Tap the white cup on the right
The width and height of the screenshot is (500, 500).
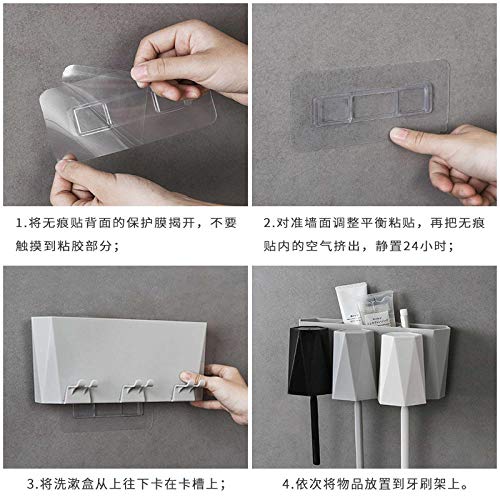402,368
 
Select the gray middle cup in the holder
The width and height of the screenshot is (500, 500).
354,364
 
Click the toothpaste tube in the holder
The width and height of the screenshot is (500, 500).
350,303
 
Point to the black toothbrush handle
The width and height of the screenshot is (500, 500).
314,430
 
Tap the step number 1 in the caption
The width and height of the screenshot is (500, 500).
19,223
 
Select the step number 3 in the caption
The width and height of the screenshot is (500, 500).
31,484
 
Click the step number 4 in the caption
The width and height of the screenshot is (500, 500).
286,484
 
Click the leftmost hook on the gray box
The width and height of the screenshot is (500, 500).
81,389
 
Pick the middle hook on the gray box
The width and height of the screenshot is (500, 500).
136,389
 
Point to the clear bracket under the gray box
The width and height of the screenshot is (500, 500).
108,410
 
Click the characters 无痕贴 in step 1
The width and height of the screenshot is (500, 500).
55,223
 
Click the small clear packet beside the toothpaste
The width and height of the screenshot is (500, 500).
377,309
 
